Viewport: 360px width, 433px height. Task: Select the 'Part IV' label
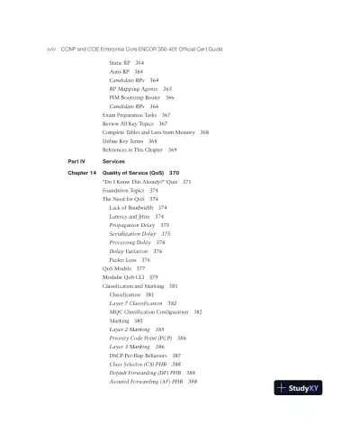pos(77,161)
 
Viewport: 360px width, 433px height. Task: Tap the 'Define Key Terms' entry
pos(125,141)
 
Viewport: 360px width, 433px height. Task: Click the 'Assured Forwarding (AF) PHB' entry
pos(148,383)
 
